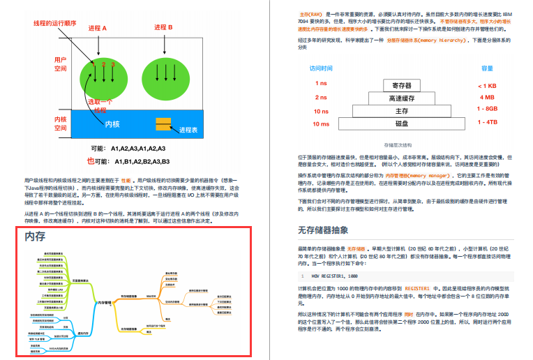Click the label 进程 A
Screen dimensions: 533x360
point(97,29)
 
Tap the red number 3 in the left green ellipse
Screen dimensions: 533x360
point(112,65)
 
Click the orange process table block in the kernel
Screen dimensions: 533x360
point(163,124)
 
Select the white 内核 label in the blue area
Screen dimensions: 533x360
point(112,124)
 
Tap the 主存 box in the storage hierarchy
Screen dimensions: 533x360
point(402,111)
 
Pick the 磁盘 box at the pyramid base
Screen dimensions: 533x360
point(402,123)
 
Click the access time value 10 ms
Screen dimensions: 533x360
point(321,123)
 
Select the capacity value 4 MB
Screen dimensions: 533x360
point(486,98)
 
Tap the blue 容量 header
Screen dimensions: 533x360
point(487,68)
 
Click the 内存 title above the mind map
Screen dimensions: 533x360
point(35,237)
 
